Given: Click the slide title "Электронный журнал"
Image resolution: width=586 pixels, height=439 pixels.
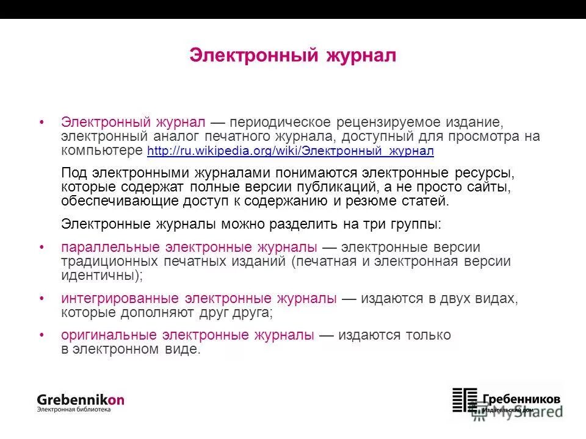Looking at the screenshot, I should coord(292,55).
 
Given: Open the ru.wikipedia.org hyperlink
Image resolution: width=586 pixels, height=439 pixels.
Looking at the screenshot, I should coord(290,151).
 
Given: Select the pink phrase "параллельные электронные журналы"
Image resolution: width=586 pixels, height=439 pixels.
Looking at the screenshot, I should coord(189,248).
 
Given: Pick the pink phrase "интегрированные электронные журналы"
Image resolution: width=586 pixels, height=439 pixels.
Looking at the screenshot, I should coord(198,299).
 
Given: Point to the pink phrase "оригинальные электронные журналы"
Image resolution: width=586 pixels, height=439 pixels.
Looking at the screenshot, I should coord(188,335).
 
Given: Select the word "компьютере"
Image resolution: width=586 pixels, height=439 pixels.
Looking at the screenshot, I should coord(102,151).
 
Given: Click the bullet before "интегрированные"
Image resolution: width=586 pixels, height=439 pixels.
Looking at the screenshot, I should coord(42,299).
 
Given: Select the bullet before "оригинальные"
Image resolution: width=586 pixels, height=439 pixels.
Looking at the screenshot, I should coord(42,335).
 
